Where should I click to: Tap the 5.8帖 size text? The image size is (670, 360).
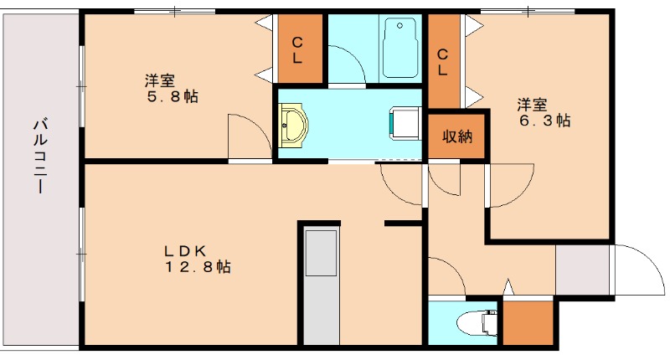click(173, 97)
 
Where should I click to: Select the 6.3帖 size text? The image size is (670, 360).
click(545, 121)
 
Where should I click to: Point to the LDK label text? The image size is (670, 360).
click(185, 249)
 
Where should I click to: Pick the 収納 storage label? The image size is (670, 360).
click(457, 136)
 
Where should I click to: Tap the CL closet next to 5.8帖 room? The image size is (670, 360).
click(297, 50)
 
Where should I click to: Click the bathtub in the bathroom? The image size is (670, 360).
click(401, 49)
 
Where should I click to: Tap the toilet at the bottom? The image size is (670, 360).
click(478, 321)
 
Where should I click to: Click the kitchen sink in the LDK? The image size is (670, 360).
click(321, 252)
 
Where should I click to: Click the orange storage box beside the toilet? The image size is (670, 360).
click(528, 321)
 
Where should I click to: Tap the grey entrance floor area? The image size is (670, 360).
click(584, 270)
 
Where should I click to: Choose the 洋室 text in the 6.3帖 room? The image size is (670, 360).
click(532, 105)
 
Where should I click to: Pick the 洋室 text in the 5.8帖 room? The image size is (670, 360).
click(159, 81)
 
